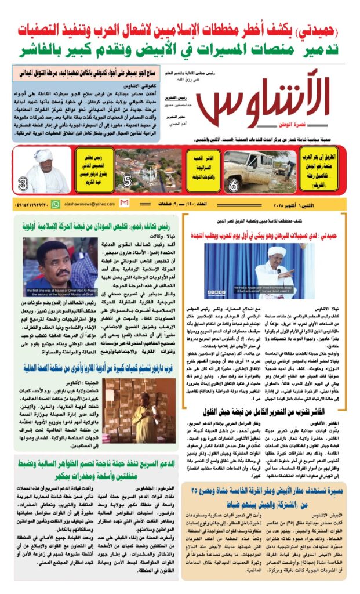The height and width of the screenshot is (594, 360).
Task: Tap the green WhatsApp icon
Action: tap(56, 204)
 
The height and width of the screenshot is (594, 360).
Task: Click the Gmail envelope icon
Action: tap(124, 203)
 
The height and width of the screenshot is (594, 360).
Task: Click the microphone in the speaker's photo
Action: tap(278, 270)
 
